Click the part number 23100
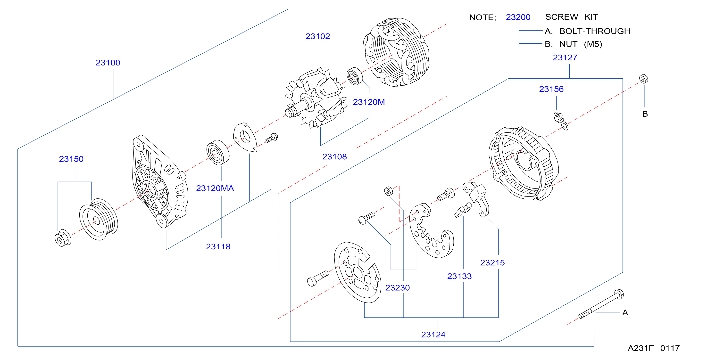108,63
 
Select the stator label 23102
317,36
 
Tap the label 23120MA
215,188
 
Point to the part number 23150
71,159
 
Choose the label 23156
551,89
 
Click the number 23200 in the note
518,17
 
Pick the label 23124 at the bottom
433,335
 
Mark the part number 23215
492,263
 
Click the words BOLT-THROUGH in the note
595,31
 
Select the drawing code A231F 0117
654,348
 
